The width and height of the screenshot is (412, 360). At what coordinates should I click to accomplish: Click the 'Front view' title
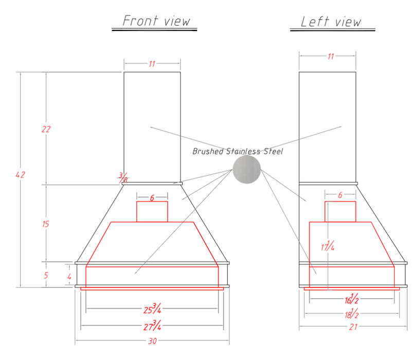pyautogui.click(x=156, y=21)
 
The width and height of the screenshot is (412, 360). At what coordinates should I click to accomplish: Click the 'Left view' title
pyautogui.click(x=331, y=22)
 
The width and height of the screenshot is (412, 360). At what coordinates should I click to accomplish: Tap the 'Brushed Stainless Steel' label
pyautogui.click(x=238, y=151)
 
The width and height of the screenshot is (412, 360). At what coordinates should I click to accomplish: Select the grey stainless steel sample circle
pyautogui.click(x=247, y=170)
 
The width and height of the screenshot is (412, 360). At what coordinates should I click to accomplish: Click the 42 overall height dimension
pyautogui.click(x=20, y=175)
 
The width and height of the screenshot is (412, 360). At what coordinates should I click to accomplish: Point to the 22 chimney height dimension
pyautogui.click(x=46, y=129)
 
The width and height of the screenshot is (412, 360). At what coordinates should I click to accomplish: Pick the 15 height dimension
pyautogui.click(x=45, y=224)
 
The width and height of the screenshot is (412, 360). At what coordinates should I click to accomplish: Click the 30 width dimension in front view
pyautogui.click(x=152, y=341)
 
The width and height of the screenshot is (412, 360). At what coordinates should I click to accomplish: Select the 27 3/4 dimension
pyautogui.click(x=152, y=326)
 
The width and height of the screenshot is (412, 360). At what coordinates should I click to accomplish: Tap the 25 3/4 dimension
pyautogui.click(x=152, y=309)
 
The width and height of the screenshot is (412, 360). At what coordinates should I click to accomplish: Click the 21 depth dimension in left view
pyautogui.click(x=353, y=327)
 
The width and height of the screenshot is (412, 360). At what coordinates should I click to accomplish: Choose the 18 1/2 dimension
pyautogui.click(x=352, y=313)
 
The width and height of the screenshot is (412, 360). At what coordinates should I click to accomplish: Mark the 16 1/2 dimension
pyautogui.click(x=352, y=298)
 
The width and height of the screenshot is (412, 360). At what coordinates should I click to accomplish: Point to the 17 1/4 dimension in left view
pyautogui.click(x=328, y=246)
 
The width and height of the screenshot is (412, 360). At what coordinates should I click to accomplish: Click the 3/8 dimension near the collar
pyautogui.click(x=123, y=177)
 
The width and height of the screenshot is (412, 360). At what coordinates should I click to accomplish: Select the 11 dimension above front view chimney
pyautogui.click(x=152, y=64)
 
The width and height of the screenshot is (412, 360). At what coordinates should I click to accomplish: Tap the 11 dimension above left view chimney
pyautogui.click(x=331, y=56)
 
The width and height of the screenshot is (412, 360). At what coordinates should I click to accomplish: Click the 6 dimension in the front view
pyautogui.click(x=152, y=198)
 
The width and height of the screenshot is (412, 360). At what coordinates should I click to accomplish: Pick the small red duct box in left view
pyautogui.click(x=341, y=211)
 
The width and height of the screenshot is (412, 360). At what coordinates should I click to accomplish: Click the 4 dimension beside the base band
pyautogui.click(x=69, y=277)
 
